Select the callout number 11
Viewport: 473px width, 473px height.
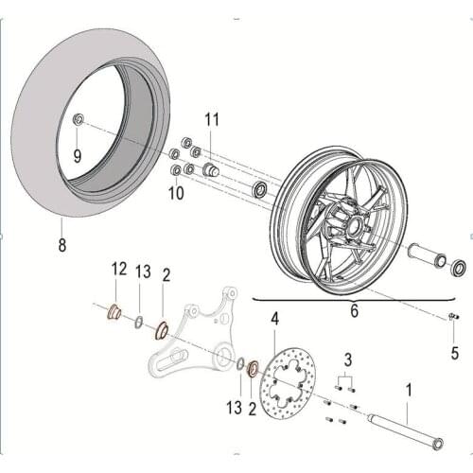pyautogui.click(x=211, y=119)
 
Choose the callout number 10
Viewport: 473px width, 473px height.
pyautogui.click(x=177, y=194)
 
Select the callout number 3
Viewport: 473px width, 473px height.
pyautogui.click(x=348, y=359)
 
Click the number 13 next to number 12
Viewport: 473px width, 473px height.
pyautogui.click(x=143, y=272)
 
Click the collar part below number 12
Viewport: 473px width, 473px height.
pyautogui.click(x=114, y=311)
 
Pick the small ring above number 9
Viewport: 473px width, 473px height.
pyautogui.click(x=78, y=119)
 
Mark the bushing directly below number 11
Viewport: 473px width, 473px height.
pyautogui.click(x=211, y=170)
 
